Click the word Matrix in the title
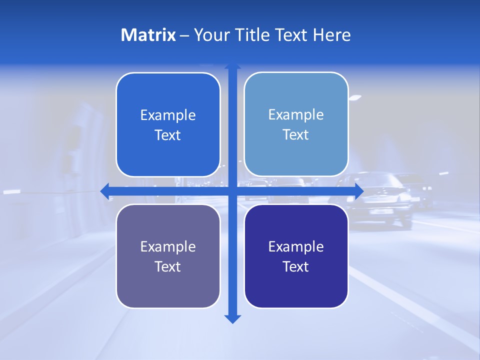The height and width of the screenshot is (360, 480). (x=148, y=35)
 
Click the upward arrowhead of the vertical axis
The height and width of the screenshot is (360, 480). (x=232, y=66)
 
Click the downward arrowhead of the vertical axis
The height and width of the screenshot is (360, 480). (x=232, y=318)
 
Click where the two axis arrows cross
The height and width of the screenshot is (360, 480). (x=232, y=191)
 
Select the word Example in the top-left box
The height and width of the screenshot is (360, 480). (x=168, y=115)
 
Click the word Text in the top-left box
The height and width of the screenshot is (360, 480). (x=168, y=135)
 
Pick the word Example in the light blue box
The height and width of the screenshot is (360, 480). (x=296, y=115)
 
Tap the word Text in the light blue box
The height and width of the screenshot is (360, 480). (x=296, y=134)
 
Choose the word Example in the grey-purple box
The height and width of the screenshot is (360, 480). (x=168, y=247)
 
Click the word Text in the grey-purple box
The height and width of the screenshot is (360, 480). (x=168, y=266)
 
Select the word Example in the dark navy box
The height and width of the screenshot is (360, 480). (x=296, y=247)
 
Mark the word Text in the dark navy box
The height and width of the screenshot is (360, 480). (x=296, y=266)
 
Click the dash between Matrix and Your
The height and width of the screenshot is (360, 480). (x=184, y=35)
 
